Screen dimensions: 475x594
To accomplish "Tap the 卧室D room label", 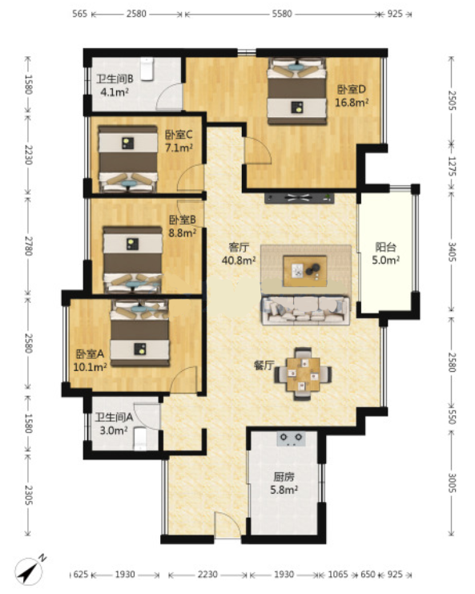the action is (352, 90).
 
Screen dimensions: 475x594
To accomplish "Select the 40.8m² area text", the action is (239, 261).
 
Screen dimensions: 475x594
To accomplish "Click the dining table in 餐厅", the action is (303, 374).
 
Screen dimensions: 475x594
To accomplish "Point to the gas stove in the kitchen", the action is (292, 438).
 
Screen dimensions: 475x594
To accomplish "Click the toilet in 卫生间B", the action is (147, 69).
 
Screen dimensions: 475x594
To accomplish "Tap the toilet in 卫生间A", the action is (139, 438).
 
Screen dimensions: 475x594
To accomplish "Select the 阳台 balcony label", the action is (385, 248).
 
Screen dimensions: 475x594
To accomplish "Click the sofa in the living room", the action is (305, 310).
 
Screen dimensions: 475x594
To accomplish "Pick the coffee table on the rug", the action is (305, 271).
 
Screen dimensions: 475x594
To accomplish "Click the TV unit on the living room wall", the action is (300, 198).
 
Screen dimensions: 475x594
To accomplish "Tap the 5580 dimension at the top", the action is (282, 14).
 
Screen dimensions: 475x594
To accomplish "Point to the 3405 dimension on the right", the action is (452, 252).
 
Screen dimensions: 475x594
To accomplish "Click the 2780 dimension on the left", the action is (28, 246).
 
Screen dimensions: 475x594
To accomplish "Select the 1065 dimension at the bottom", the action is (337, 574).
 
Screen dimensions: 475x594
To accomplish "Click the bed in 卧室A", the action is (139, 333).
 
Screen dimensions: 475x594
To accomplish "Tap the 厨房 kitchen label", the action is (284, 477).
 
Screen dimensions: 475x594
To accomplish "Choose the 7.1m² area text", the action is (179, 147).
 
